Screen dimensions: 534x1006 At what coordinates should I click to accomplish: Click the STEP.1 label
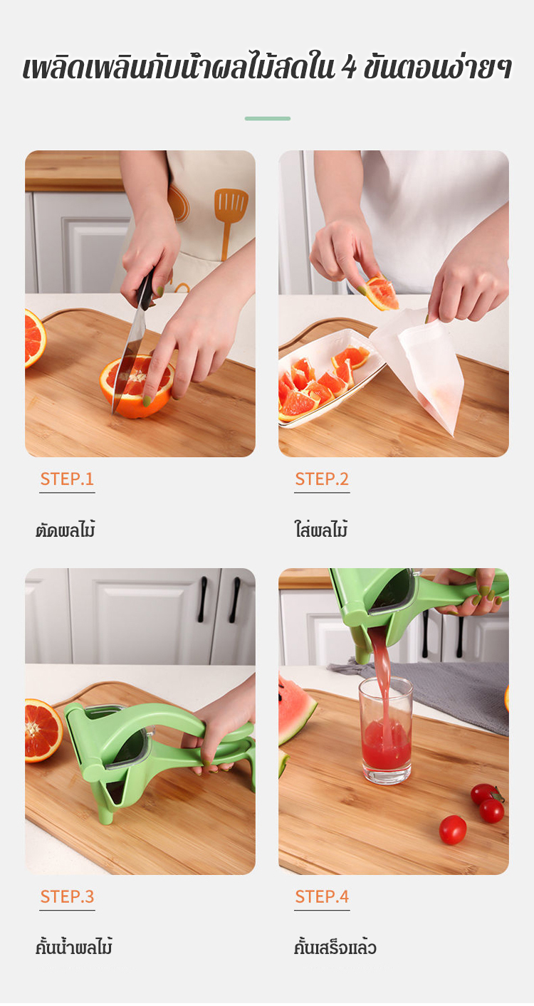coord(67,478)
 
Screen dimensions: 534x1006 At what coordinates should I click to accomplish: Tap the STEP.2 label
coord(322,478)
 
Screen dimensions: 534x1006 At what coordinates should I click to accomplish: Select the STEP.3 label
coord(68,896)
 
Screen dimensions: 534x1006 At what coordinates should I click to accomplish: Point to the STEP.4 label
coord(322,896)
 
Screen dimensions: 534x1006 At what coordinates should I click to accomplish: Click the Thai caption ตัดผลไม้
coord(66,529)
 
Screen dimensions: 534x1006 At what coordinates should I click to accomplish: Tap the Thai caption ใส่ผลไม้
coord(321,528)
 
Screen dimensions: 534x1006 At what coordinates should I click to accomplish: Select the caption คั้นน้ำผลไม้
coord(74,945)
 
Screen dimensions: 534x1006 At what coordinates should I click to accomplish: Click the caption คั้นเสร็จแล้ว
coord(335,947)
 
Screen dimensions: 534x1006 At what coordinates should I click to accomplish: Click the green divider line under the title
coord(268,119)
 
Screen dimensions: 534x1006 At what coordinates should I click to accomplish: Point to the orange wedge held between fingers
coord(382,293)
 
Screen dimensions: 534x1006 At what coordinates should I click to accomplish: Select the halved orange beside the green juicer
coord(43,730)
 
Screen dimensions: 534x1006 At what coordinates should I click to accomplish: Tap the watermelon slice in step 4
coord(296,711)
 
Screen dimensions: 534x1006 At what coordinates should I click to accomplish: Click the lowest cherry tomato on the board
coord(453,830)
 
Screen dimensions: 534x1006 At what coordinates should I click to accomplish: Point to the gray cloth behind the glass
coord(449,691)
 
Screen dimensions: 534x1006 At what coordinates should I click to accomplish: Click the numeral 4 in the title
coord(349,68)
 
